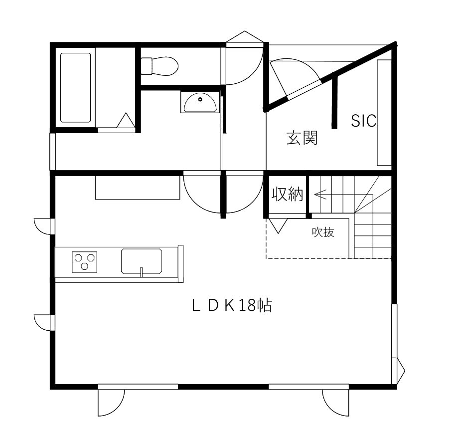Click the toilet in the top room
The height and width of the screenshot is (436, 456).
coord(159,66)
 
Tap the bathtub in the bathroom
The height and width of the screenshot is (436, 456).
coord(76,88)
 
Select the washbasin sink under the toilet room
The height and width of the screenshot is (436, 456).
coord(200,102)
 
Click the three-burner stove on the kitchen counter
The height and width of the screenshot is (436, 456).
coord(84,262)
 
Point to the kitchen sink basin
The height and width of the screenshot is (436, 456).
coord(142,261)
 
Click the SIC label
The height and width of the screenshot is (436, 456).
coord(363,121)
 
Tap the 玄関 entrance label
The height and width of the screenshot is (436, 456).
coord(302,138)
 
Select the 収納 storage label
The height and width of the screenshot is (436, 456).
coord(288,194)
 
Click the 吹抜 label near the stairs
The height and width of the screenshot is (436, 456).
coord(323,232)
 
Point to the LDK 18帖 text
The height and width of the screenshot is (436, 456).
coord(232,306)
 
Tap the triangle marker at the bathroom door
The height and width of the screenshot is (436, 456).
coord(126,120)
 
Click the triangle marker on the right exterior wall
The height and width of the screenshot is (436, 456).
coord(400,371)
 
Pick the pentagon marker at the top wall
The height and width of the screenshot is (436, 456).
coord(245,37)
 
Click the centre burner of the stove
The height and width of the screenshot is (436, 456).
coord(85,266)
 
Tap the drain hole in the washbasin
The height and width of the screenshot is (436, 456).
coord(200,100)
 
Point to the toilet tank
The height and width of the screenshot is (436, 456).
coord(147,66)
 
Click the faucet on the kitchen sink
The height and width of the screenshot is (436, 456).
coord(142,271)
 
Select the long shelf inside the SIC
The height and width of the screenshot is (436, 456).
coord(384,113)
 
